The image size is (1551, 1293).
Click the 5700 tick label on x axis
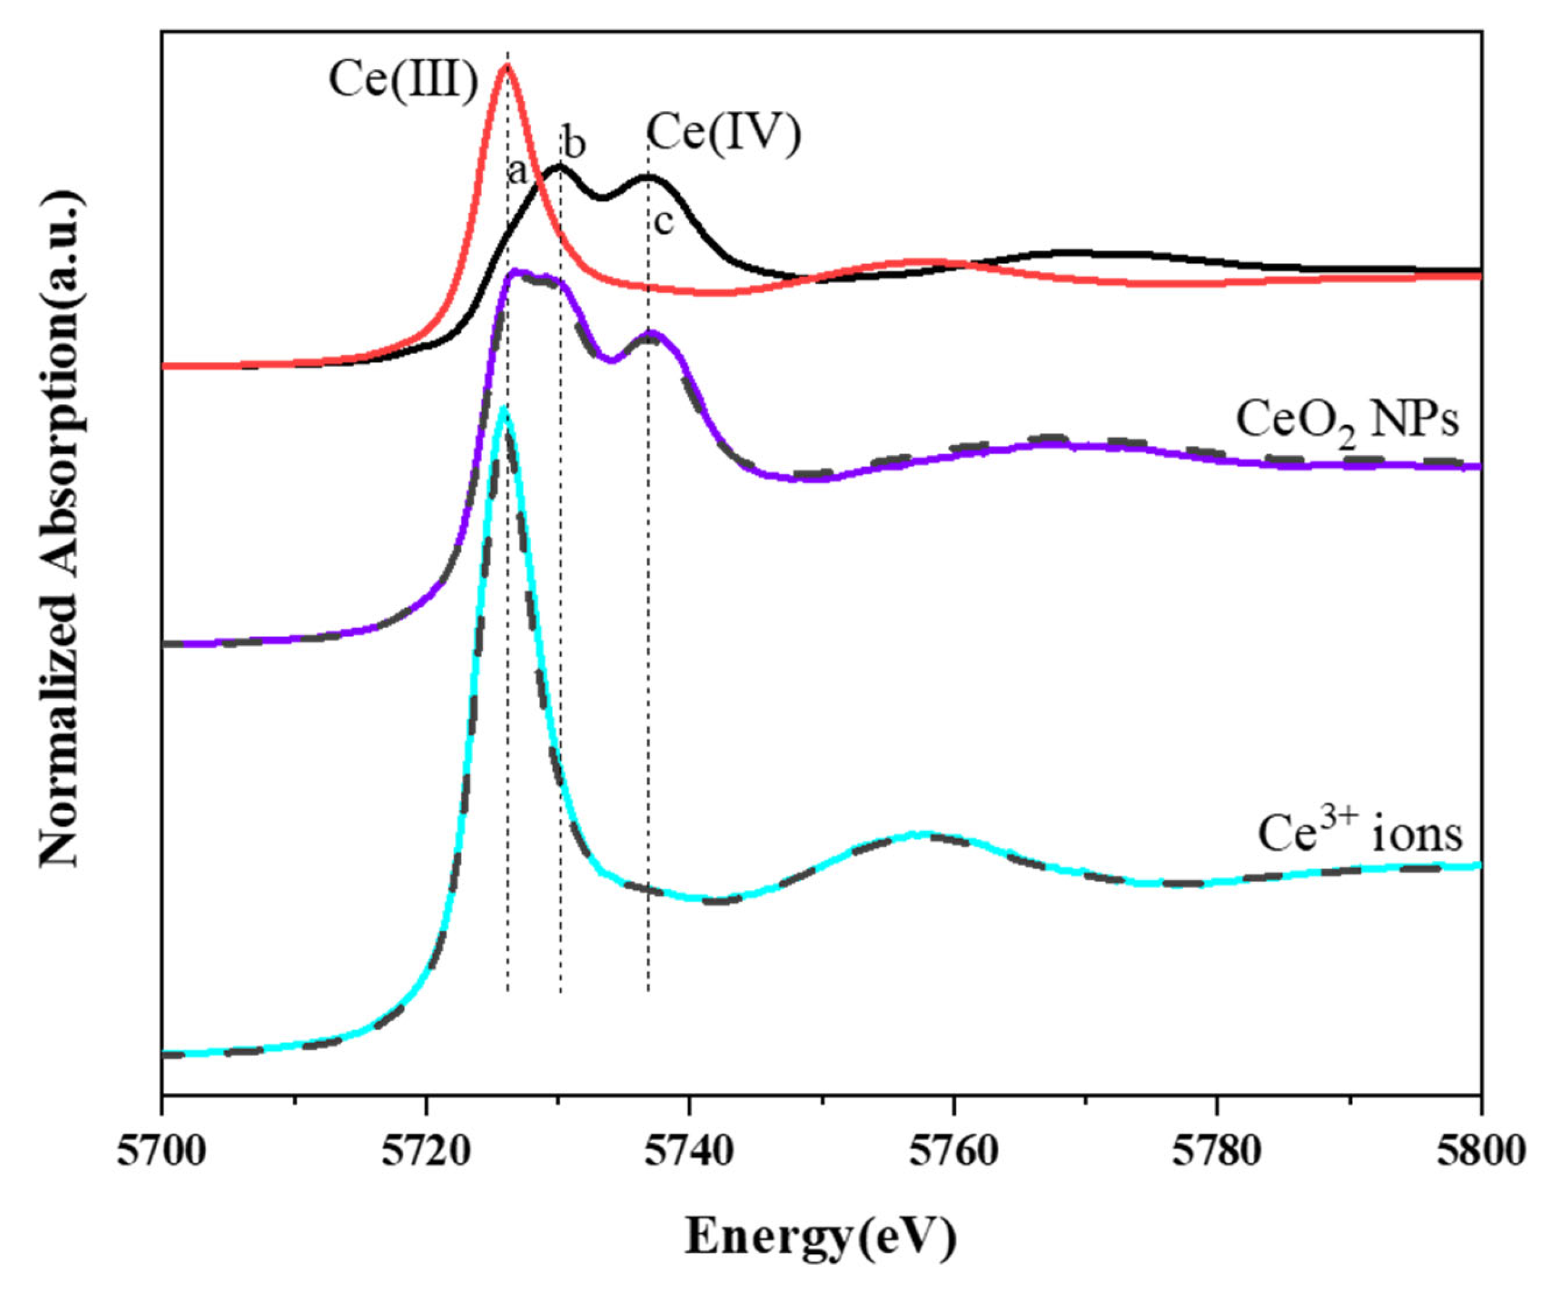point(161,1152)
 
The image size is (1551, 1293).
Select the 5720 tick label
point(426,1152)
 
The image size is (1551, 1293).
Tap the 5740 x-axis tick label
point(689,1152)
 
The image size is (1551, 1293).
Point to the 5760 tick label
point(953,1152)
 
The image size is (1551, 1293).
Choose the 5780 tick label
point(1217,1152)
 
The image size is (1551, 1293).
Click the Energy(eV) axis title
point(820,1235)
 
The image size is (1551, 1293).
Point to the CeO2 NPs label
point(1348,423)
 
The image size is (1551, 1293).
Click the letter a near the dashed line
point(517,173)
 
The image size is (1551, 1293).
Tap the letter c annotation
point(663,221)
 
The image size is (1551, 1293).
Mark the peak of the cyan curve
point(504,408)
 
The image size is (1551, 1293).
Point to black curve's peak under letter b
point(559,167)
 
